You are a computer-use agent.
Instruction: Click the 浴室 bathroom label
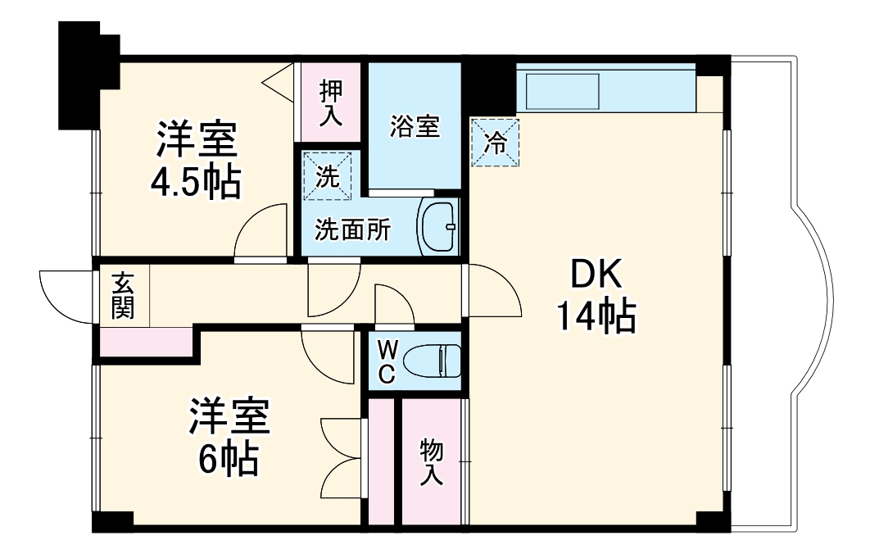point(415,127)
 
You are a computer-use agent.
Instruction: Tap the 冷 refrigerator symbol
point(495,143)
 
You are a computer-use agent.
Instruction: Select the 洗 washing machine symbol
point(328,175)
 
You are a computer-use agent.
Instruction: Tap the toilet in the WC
point(433,360)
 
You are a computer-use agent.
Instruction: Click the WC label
point(387,361)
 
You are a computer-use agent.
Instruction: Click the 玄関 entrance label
point(123,296)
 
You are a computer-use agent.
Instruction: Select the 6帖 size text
point(229,459)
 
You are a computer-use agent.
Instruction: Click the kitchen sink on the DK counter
point(565,90)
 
